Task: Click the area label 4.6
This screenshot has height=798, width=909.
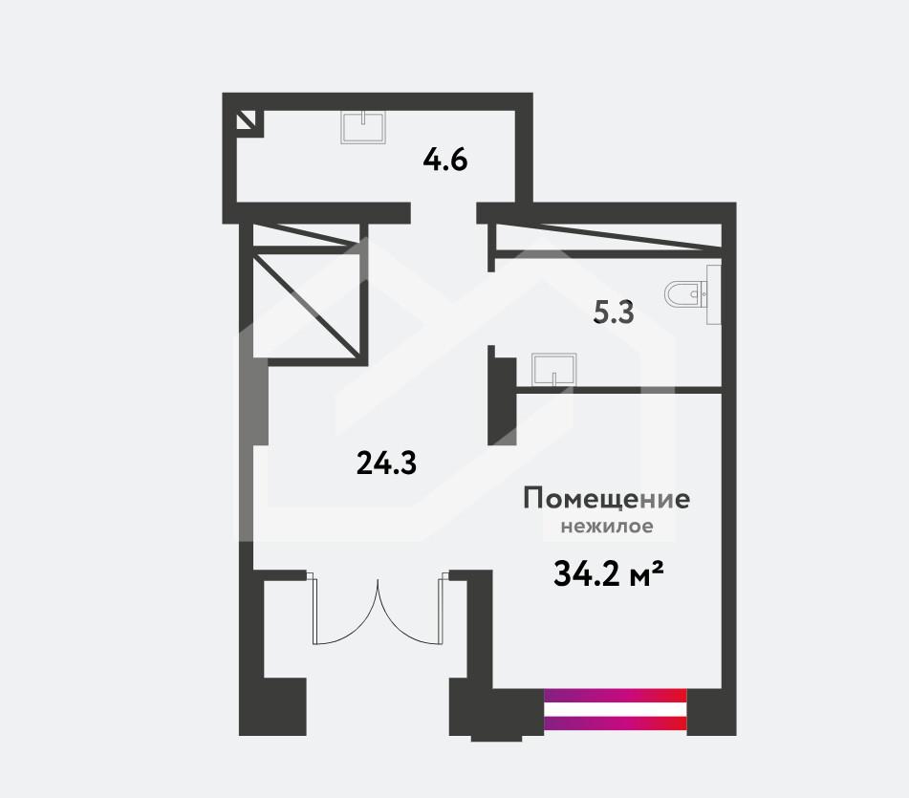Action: (x=445, y=160)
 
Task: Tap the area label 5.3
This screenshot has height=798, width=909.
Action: (x=614, y=313)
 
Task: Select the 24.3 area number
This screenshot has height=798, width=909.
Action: (x=386, y=464)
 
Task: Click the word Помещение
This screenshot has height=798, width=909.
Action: (x=606, y=498)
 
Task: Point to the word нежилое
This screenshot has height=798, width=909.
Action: (x=607, y=527)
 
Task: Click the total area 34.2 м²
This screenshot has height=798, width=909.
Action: (x=609, y=573)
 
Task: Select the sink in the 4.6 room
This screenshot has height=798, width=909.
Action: (x=363, y=127)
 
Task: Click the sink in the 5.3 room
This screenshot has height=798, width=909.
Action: (x=554, y=370)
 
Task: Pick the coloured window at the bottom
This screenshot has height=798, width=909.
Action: (x=616, y=709)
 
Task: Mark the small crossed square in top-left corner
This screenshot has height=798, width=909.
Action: (x=246, y=121)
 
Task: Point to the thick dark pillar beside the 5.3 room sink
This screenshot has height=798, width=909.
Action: (x=502, y=401)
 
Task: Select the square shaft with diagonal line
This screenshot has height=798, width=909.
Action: (x=307, y=306)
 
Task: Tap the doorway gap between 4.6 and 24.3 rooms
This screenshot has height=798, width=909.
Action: (x=444, y=213)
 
